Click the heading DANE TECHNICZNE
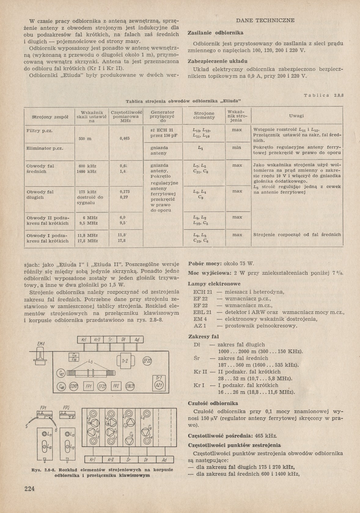pyautogui.click(x=265, y=20)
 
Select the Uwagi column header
pyautogui.click(x=296, y=116)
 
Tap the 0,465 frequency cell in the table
pyautogui.click(x=124, y=138)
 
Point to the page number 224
pyautogui.click(x=30, y=488)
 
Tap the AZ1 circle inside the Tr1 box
pyautogui.click(x=159, y=386)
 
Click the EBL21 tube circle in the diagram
pyautogui.click(x=130, y=387)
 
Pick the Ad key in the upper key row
pyautogui.click(x=137, y=340)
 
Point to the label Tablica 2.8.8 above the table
pyautogui.click(x=324, y=95)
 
